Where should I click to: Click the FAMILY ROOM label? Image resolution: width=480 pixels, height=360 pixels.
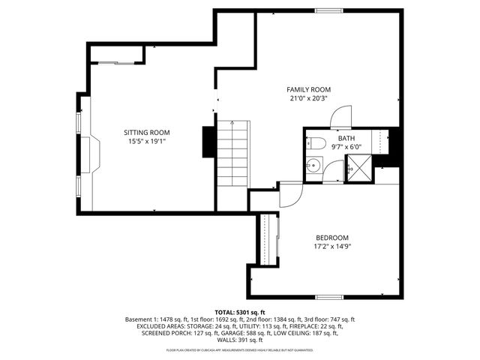[308, 90]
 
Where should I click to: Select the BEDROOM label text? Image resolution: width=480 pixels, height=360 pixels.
[331, 238]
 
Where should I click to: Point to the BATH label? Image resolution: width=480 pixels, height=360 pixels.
[346, 138]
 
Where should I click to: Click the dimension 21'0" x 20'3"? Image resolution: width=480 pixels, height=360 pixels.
[308, 98]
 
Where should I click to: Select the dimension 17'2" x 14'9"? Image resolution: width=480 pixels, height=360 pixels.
[331, 246]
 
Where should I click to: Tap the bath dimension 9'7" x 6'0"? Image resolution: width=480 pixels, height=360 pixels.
[346, 146]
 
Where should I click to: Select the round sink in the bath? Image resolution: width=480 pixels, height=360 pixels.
[314, 166]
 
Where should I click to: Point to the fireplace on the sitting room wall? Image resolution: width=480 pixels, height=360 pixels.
[88, 154]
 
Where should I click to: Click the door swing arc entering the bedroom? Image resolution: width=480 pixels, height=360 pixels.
[289, 195]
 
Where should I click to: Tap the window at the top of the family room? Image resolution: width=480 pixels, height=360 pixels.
[326, 10]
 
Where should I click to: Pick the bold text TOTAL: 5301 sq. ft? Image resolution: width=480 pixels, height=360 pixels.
[240, 312]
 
